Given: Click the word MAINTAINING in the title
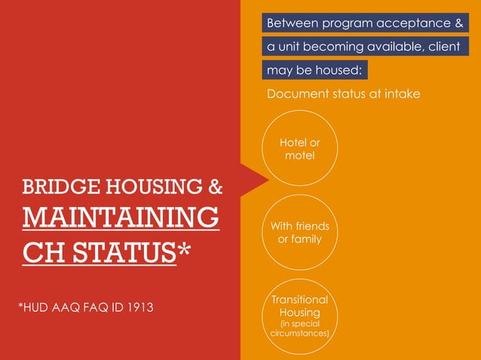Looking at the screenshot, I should tap(121, 218).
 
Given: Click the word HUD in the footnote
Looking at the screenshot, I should tap(36, 307).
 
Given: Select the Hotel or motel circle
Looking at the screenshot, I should tap(299, 149).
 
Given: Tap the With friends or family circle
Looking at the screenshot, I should tap(299, 233).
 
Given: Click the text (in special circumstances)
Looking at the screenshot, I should tap(299, 328).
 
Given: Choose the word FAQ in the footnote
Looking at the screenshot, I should tap(93, 307).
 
